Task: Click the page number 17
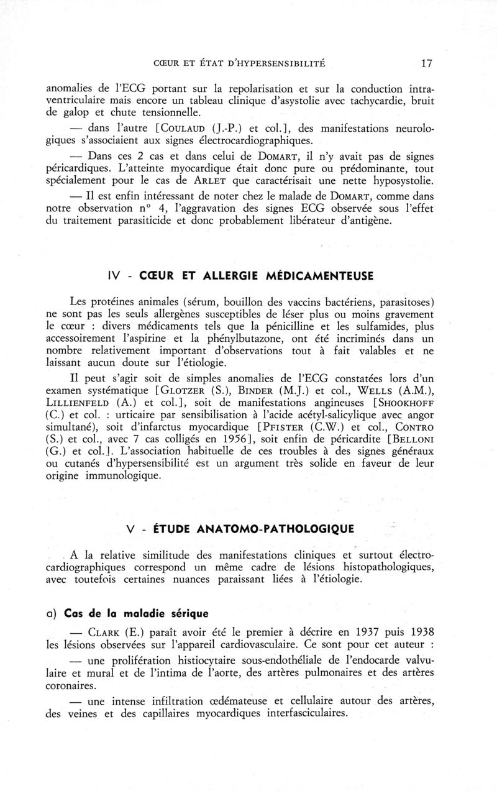[426, 63]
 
